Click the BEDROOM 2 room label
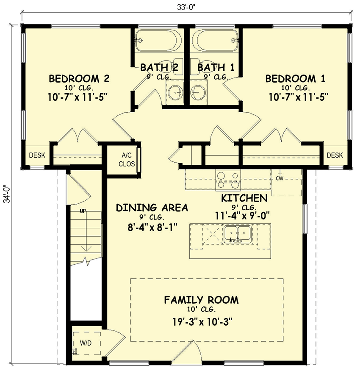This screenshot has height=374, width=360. (x=79, y=79)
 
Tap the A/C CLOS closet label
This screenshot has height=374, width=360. (x=126, y=159)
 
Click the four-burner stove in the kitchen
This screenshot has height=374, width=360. (x=228, y=180)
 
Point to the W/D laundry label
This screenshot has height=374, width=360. (x=86, y=342)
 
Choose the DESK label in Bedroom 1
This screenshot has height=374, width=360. (x=334, y=155)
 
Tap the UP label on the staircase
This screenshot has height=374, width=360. (x=83, y=211)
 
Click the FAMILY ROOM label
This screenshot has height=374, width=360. (x=201, y=300)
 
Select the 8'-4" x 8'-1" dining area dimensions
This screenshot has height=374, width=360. (x=146, y=227)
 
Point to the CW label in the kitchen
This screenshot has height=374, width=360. (x=280, y=179)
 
